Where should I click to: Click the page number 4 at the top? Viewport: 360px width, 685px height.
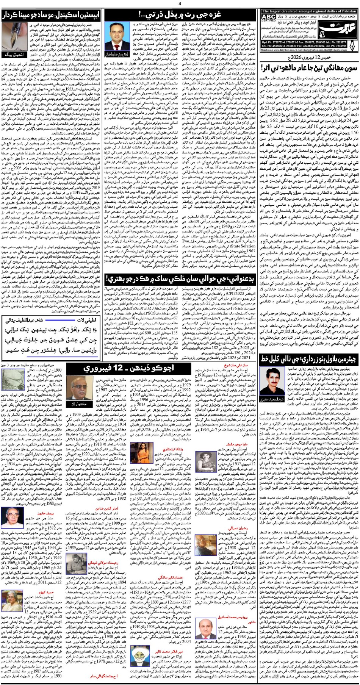[180, 4]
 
